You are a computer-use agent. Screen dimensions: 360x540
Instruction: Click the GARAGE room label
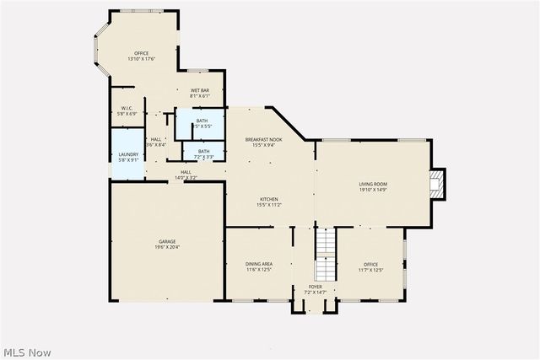[x=166, y=241]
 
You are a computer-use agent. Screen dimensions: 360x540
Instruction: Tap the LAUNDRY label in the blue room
[x=127, y=154]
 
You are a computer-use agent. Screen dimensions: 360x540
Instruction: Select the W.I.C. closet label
[x=127, y=108]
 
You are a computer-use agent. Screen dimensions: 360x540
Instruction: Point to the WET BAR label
[x=200, y=90]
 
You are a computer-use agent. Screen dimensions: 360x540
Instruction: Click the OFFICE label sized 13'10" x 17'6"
[x=141, y=53]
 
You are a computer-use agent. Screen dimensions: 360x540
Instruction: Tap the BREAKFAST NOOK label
[x=263, y=139]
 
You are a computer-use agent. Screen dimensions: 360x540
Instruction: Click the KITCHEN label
[x=268, y=199]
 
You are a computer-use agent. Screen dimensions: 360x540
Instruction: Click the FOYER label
[x=314, y=287]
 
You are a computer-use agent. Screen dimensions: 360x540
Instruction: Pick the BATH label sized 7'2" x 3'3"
[x=204, y=152]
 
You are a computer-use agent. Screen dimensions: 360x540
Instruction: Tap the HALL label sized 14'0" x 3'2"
[x=185, y=173]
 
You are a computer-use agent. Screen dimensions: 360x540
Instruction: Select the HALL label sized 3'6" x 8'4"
[x=156, y=140]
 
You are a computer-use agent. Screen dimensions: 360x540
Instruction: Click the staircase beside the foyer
[x=325, y=253]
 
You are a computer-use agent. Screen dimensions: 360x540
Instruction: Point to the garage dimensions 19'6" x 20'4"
[x=166, y=246]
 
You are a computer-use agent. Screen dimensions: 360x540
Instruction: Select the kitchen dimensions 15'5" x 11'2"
[x=268, y=204]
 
